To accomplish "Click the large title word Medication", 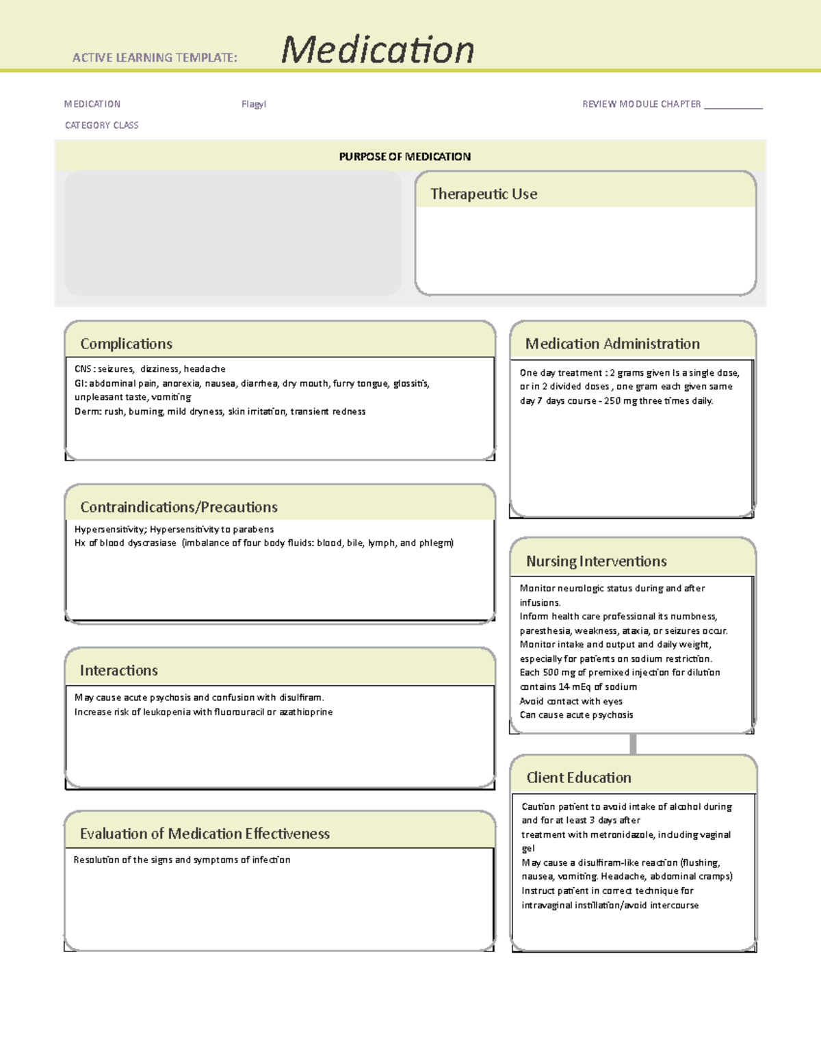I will tap(378, 50).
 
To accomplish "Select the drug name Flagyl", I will tap(253, 104).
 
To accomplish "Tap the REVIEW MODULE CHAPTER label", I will tap(641, 104).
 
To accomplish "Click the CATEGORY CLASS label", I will tap(101, 125).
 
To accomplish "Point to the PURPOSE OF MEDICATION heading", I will tap(404, 157).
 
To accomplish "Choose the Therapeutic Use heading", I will tap(483, 194).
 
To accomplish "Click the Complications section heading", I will tap(126, 344).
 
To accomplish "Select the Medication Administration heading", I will tap(612, 344).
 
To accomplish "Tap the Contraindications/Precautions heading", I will tap(179, 507).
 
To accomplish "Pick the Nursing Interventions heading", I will tap(596, 561).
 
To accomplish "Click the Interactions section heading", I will tap(118, 671).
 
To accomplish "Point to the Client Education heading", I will tap(578, 778).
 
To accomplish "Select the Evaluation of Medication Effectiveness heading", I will tap(205, 834).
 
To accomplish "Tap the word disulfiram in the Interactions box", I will tap(300, 697).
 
